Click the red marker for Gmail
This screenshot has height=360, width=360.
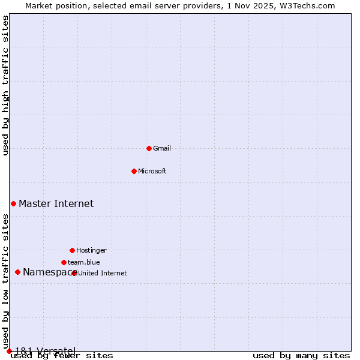[x=149, y=148]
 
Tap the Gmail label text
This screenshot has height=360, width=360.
[x=162, y=149]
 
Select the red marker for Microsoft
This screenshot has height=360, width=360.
[x=134, y=171]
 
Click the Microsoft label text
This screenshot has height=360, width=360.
[x=152, y=172]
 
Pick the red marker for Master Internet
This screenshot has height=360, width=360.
[x=13, y=203]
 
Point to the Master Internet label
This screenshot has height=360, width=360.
[x=56, y=204]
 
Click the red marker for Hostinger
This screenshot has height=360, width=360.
[x=72, y=250]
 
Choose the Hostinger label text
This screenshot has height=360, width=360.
[x=91, y=251]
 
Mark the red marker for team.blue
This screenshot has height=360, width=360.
[x=64, y=262]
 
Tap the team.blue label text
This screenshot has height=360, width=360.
[x=84, y=263]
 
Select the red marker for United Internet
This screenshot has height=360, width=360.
[x=74, y=273]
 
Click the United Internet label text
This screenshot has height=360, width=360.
[x=103, y=274]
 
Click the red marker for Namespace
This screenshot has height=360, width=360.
[x=17, y=272]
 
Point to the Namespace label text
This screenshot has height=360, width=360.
[x=47, y=272]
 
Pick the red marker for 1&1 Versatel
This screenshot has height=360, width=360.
[x=9, y=351]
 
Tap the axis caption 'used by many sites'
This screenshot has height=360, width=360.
[x=301, y=356]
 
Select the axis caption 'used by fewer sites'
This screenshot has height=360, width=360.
[x=62, y=356]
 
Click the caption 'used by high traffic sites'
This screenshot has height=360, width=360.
[x=6, y=85]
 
